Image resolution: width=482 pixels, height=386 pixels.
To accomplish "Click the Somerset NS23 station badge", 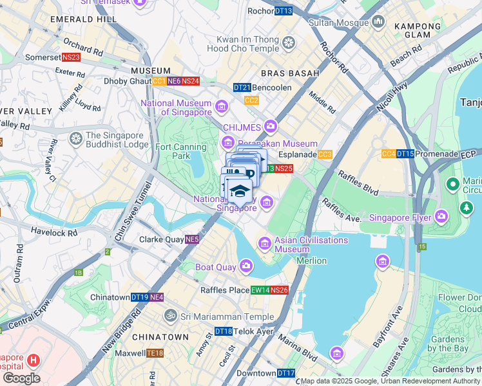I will tap(72, 57).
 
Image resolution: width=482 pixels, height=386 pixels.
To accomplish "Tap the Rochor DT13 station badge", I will tap(284, 11).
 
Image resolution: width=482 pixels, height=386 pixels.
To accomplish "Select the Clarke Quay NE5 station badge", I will tap(192, 240).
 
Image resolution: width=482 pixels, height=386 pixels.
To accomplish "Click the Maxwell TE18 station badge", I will tap(155, 353).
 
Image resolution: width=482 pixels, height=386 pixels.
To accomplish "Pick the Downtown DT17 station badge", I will tap(286, 373).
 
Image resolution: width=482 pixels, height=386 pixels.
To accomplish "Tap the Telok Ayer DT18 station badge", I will tap(224, 331).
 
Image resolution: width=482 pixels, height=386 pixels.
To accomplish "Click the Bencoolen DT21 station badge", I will tap(242, 87).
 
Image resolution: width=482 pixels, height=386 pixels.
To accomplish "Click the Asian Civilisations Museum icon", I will tap(264, 243).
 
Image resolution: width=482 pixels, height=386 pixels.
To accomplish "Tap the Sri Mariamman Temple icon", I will tap(171, 317).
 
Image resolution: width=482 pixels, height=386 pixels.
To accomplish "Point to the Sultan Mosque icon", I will tap(378, 23).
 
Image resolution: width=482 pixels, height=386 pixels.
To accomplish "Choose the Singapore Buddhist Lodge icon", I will tap(76, 139).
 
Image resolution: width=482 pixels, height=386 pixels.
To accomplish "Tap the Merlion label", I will tap(311, 261).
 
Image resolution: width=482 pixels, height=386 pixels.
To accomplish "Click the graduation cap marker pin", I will tap(239, 192).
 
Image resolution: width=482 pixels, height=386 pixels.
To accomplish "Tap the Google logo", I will tap(21, 378).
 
